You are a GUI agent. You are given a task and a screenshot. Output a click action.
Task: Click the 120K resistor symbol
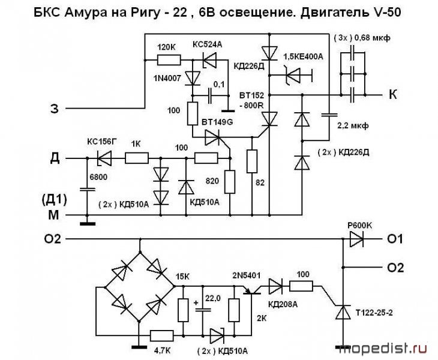[169, 59]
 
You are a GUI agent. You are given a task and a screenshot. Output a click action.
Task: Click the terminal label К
[394, 95]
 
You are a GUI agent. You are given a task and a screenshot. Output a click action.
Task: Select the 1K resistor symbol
[137, 158]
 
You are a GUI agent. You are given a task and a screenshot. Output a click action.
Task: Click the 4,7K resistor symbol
[162, 336]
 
